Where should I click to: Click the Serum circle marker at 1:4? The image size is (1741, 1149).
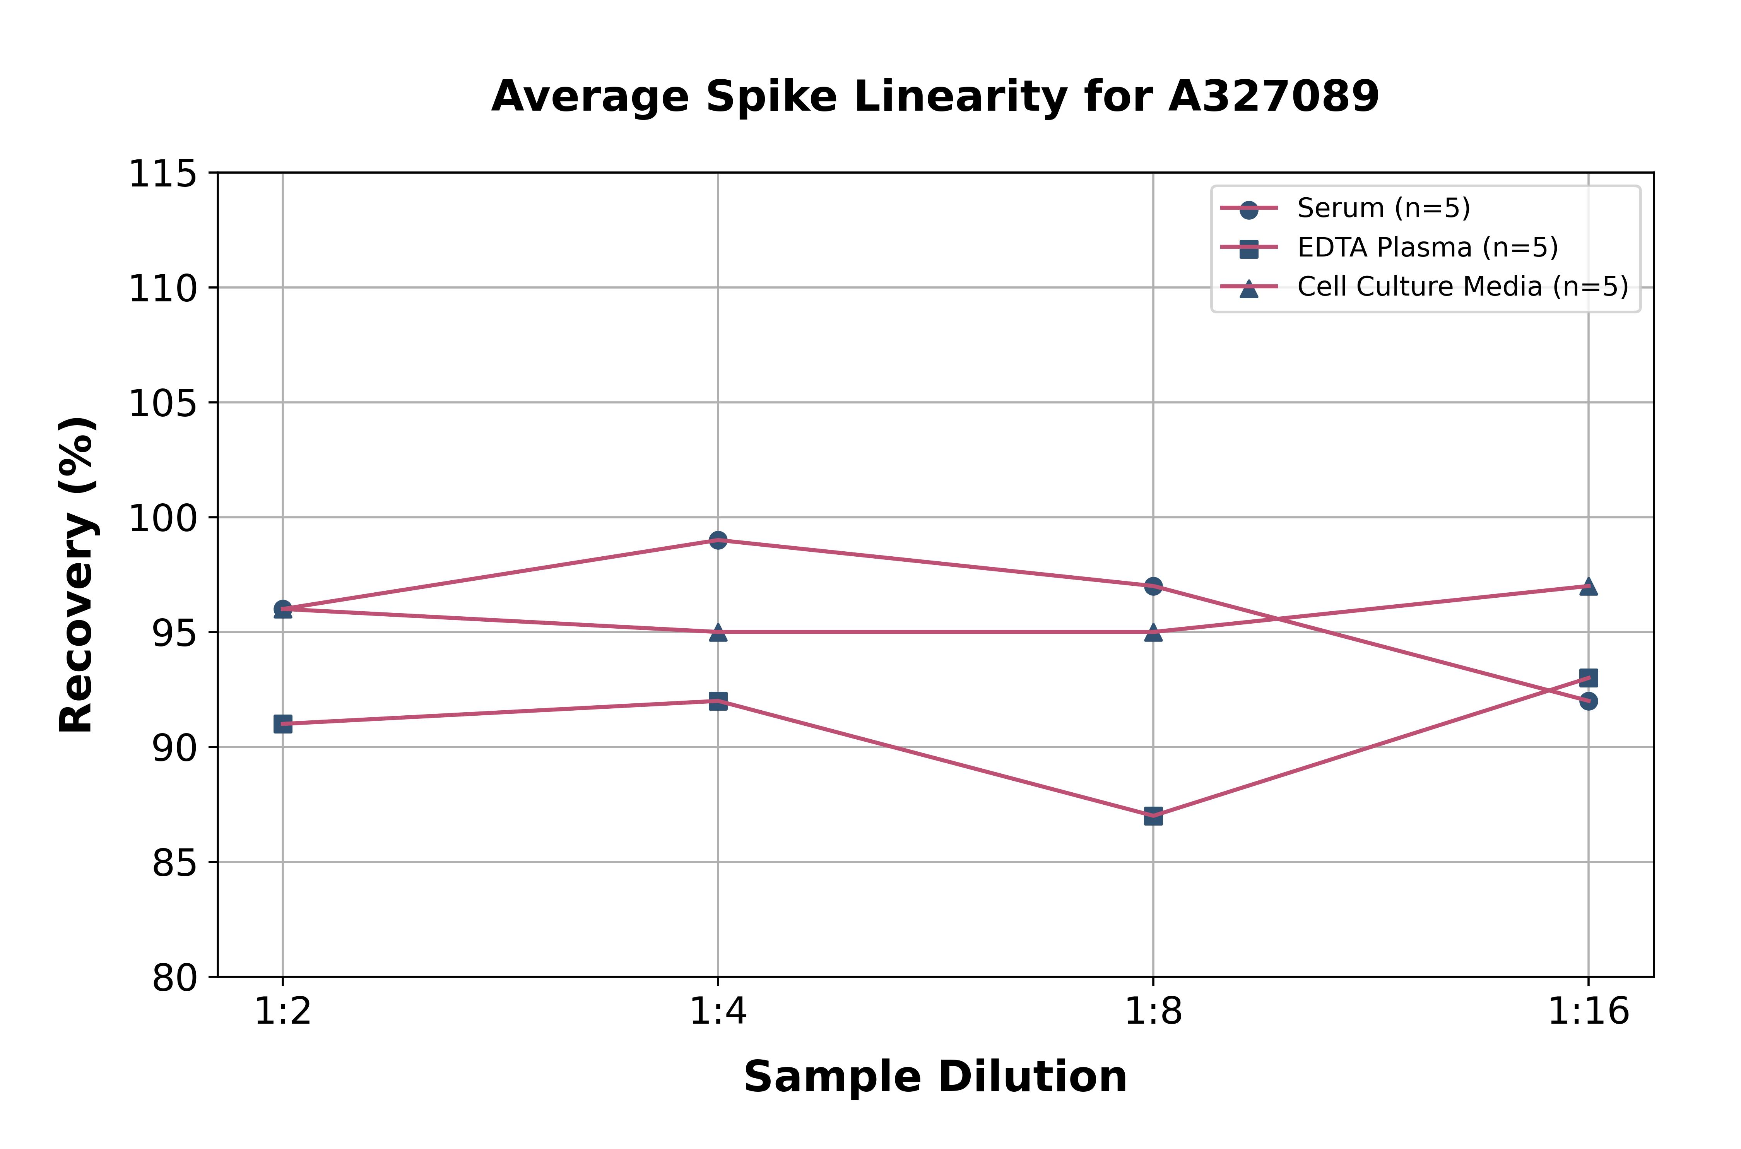[x=718, y=540]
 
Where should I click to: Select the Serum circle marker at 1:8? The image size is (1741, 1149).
[x=1153, y=586]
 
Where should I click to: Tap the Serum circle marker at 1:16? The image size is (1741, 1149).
[x=1588, y=701]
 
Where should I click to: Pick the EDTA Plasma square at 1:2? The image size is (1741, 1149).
[x=283, y=724]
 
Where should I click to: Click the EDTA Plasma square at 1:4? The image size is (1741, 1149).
[x=718, y=701]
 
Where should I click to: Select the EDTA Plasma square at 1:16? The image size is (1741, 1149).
[x=1588, y=678]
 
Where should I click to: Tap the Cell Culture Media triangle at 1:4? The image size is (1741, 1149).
[x=718, y=632]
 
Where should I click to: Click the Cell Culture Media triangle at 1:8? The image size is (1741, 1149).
[x=1153, y=632]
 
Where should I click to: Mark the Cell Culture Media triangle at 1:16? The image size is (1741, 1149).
[x=1588, y=586]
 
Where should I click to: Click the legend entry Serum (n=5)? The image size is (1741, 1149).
[x=1384, y=208]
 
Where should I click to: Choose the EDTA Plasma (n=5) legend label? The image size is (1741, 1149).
[x=1427, y=248]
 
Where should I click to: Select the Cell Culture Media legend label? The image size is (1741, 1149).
[x=1462, y=287]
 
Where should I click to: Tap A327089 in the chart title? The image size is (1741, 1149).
[x=1274, y=96]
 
